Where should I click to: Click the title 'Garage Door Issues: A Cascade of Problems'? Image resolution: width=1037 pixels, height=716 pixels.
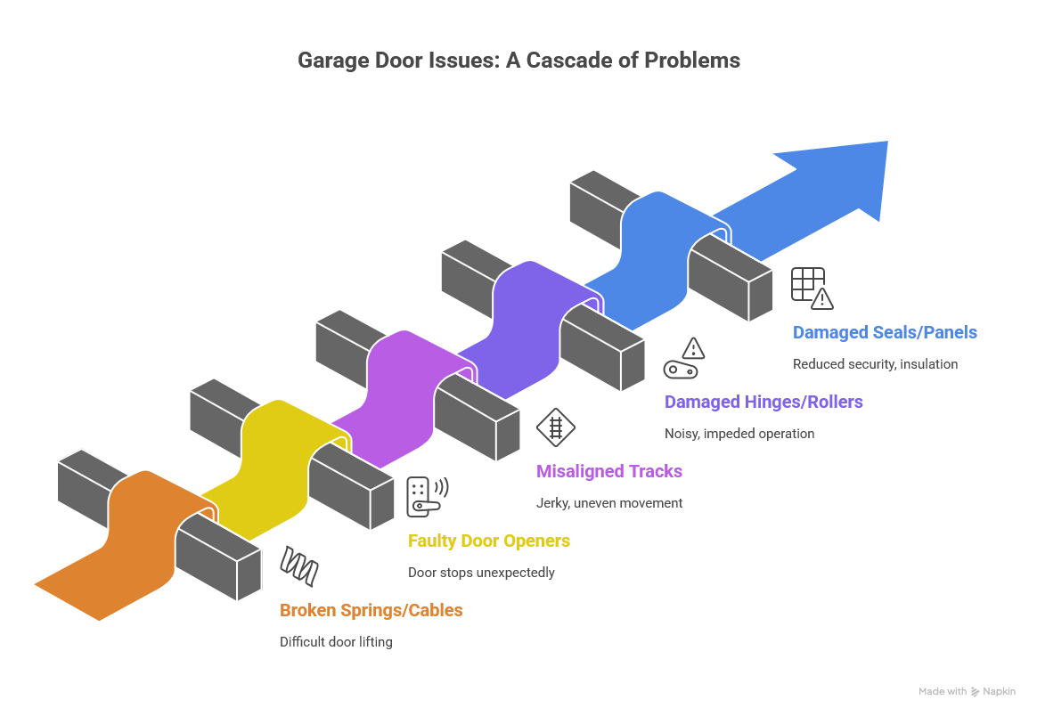pyautogui.click(x=518, y=61)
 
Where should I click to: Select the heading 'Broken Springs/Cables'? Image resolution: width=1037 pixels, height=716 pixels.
pyautogui.click(x=371, y=610)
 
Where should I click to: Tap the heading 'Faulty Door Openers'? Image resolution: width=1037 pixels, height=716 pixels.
pyautogui.click(x=488, y=541)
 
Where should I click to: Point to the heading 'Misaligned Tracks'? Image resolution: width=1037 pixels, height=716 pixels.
pyautogui.click(x=608, y=471)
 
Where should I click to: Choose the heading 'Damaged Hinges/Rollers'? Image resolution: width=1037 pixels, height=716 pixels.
pyautogui.click(x=763, y=402)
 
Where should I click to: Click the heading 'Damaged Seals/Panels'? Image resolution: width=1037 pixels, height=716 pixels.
pyautogui.click(x=885, y=332)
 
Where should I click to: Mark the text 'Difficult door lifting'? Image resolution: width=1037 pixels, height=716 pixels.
pyautogui.click(x=336, y=641)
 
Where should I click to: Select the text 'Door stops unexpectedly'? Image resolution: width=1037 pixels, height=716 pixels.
pyautogui.click(x=481, y=572)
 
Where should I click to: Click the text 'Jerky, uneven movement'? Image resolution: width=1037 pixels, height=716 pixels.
pyautogui.click(x=609, y=502)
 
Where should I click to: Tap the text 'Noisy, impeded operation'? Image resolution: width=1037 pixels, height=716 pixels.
pyautogui.click(x=739, y=434)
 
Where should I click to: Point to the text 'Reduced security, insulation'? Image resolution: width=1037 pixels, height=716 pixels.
pyautogui.click(x=875, y=363)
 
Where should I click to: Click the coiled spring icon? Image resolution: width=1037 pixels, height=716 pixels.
pyautogui.click(x=299, y=565)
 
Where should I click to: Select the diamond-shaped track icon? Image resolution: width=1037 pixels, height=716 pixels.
pyautogui.click(x=556, y=427)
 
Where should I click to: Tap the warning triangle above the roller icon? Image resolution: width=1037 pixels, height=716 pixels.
pyautogui.click(x=693, y=347)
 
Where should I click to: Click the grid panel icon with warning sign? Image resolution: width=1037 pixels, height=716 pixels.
pyautogui.click(x=812, y=288)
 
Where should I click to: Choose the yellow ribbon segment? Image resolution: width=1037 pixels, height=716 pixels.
pyautogui.click(x=267, y=472)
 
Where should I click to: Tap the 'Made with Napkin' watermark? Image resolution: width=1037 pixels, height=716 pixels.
pyautogui.click(x=967, y=691)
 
